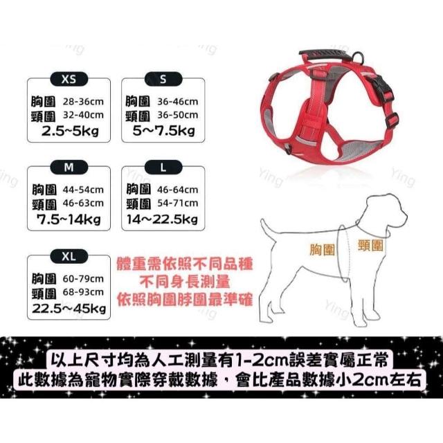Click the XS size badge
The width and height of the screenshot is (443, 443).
[x=69, y=80]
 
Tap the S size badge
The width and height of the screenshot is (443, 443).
[x=163, y=80]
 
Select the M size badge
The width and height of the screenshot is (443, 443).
[x=69, y=168]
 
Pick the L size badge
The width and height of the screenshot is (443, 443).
[x=163, y=168]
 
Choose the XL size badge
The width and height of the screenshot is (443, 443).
[x=69, y=257]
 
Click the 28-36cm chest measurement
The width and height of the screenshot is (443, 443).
[x=83, y=102]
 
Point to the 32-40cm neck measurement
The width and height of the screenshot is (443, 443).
[x=83, y=116]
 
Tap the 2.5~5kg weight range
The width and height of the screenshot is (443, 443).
[x=70, y=131]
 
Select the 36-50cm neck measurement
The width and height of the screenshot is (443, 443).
[x=178, y=116]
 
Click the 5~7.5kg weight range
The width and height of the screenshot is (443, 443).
[x=164, y=131]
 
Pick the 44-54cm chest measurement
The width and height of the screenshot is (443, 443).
[x=83, y=190]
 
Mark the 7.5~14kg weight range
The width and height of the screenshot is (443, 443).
[x=69, y=219]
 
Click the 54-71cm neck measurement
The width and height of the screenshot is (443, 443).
[x=178, y=203]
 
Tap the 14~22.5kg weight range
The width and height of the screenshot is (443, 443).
[x=162, y=219]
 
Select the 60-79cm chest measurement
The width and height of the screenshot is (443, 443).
[x=83, y=279]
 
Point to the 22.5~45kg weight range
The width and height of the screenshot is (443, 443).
[x=69, y=308]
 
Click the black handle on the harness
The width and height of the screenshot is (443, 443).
[x=324, y=55]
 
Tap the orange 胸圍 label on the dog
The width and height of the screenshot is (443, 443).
[x=322, y=250]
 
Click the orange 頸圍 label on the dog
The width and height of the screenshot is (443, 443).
[x=370, y=245]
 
